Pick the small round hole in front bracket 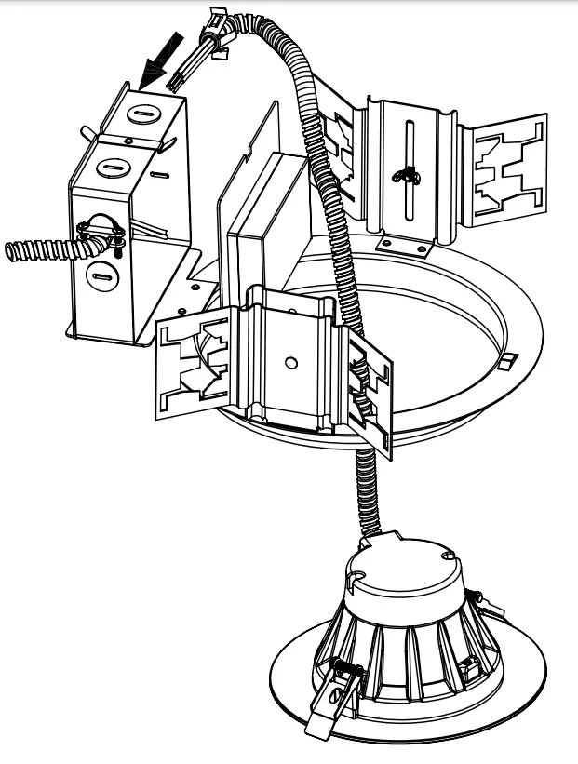290,361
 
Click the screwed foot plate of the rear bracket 405,246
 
